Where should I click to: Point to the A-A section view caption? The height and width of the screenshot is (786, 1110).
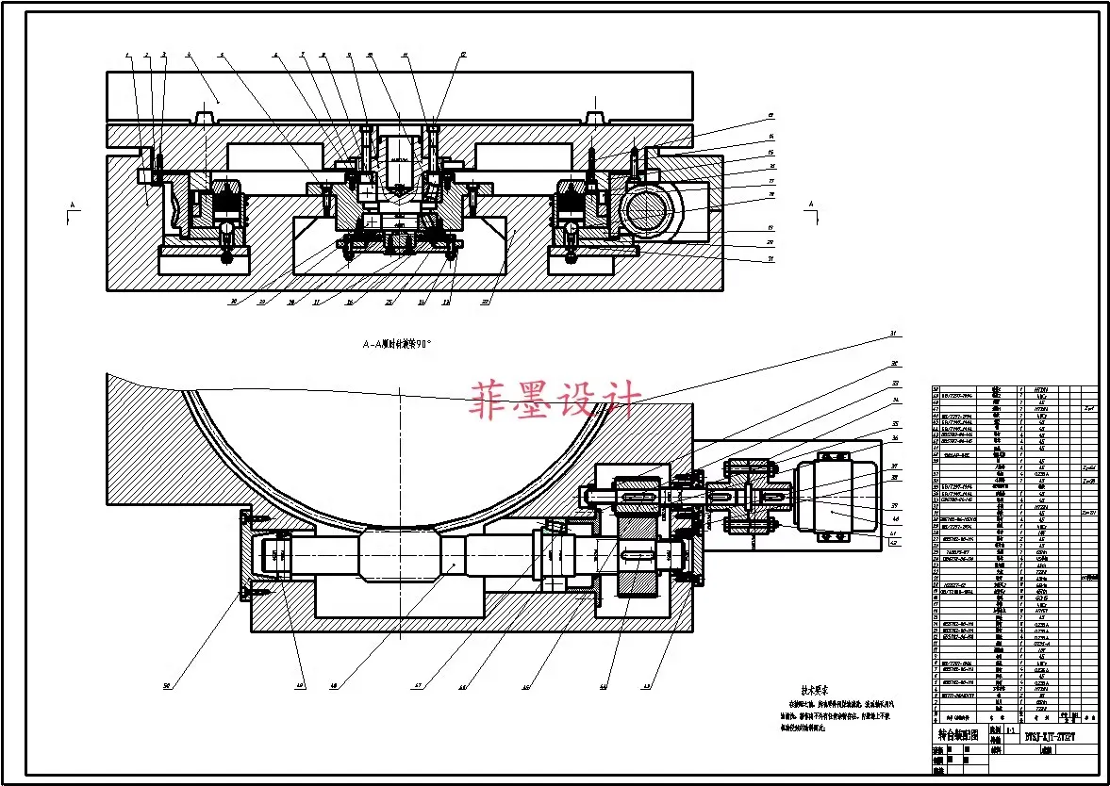click(397, 345)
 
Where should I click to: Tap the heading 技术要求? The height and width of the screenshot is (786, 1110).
click(814, 689)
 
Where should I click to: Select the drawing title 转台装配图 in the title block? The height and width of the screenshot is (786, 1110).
click(956, 735)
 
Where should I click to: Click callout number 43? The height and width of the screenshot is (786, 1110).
click(647, 686)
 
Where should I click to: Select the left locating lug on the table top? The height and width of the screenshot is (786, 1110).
click(201, 118)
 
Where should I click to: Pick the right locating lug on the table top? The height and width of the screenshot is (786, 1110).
click(594, 118)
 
